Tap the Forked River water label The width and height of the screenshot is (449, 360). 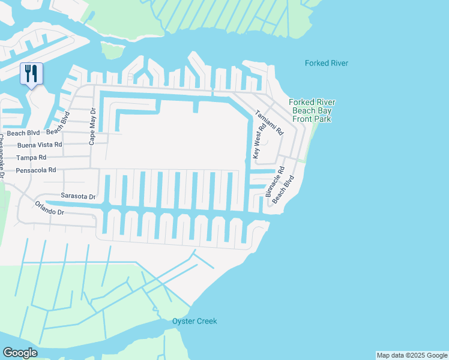326,63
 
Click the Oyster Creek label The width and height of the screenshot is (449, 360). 194,321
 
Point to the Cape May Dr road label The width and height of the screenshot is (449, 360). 92,127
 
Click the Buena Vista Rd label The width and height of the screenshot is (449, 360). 40,145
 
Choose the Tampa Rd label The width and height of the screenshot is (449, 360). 31,157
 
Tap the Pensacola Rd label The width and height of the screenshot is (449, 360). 35,170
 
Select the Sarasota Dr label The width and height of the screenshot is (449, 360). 78,196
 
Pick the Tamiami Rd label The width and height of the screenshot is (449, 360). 268,122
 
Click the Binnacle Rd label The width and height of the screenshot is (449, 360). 274,181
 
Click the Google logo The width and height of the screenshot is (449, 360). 20,353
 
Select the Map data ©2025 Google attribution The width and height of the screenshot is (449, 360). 412,355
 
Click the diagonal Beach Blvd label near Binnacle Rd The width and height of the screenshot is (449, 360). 283,189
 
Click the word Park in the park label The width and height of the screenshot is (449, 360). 321,119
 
